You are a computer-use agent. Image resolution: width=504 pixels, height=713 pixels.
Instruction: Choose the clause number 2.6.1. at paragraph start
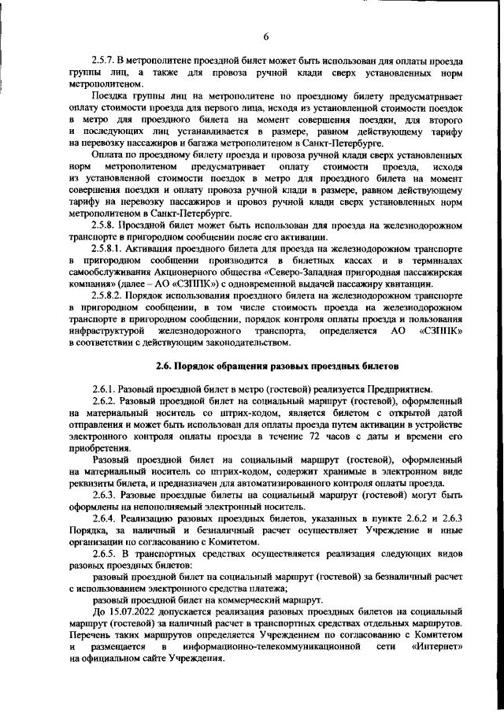[108, 389]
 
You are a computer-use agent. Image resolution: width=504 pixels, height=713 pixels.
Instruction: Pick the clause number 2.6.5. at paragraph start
[108, 553]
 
